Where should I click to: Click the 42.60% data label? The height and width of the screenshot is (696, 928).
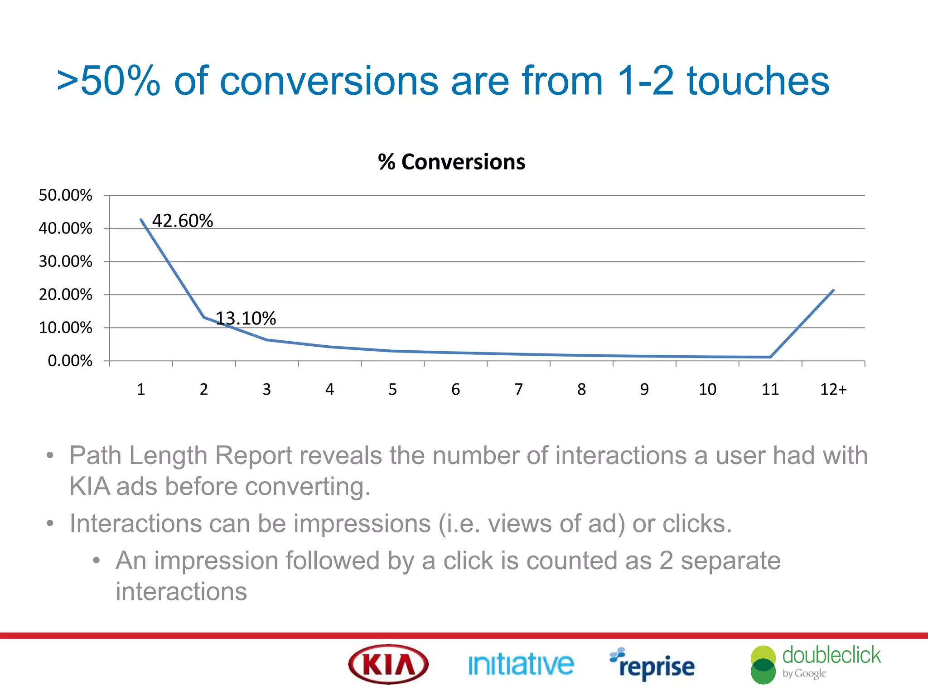click(x=182, y=221)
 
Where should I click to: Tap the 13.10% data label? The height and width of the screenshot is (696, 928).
click(x=246, y=319)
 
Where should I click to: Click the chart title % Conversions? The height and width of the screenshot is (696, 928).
click(x=451, y=162)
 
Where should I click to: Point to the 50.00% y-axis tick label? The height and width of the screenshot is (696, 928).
click(x=65, y=195)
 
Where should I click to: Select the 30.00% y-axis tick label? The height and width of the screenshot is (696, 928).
click(x=65, y=261)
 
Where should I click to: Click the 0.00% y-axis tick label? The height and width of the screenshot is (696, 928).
click(x=70, y=361)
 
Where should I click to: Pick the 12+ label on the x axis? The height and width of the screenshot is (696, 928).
click(x=833, y=389)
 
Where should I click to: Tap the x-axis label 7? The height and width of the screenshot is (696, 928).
click(x=518, y=389)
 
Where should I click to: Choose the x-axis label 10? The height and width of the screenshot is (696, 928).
click(x=707, y=389)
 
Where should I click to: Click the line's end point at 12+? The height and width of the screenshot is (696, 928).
click(x=833, y=290)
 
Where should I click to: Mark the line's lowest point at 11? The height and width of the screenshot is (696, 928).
click(x=770, y=357)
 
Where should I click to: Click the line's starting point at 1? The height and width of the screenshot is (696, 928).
click(x=141, y=220)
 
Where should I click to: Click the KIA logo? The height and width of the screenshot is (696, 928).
click(x=388, y=664)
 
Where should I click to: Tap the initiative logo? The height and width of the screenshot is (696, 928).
click(x=521, y=665)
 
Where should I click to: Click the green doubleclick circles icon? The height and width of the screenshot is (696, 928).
click(x=763, y=665)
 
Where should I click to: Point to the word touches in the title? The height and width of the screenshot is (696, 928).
click(x=758, y=82)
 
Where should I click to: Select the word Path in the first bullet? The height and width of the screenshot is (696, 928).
click(x=95, y=455)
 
